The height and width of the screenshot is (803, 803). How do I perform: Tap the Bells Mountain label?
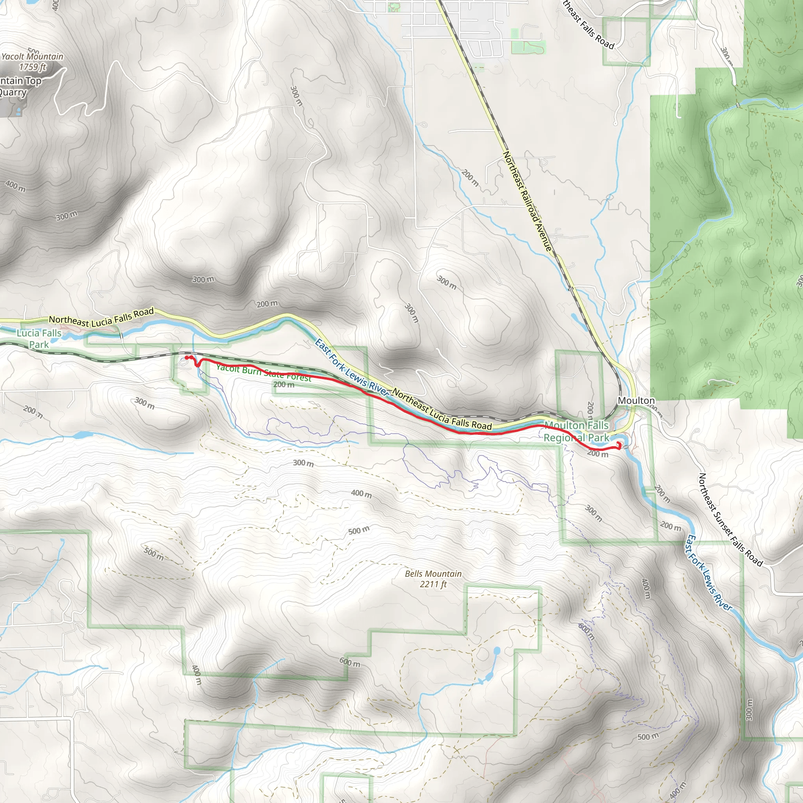point(433,574)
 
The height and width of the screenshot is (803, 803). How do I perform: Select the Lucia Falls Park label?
point(39,338)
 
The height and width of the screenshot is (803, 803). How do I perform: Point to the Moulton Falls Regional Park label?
point(576,431)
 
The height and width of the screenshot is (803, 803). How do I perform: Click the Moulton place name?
point(636,401)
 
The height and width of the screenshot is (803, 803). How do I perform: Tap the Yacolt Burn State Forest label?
point(263,373)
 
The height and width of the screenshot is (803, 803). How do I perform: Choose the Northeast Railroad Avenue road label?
point(528,201)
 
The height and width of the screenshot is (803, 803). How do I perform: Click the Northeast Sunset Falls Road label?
point(731,520)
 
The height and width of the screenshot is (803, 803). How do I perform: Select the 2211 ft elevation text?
point(433,584)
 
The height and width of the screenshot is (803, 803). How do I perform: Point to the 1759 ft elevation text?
point(33,67)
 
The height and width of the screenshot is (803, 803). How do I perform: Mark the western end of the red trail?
point(187,358)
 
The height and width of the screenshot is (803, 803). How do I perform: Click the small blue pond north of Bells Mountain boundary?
point(497,650)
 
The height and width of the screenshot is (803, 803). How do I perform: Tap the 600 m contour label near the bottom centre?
point(350,662)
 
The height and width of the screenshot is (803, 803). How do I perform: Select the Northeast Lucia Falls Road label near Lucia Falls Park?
point(102,317)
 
